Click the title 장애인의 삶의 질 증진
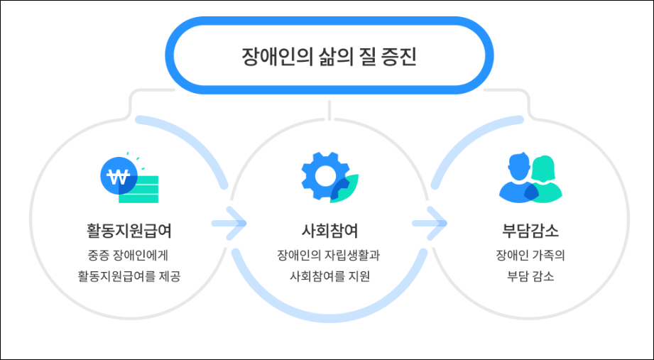coord(328,56)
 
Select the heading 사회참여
coord(329,231)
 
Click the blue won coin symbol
coord(118,177)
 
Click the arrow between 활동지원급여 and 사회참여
coord(229,224)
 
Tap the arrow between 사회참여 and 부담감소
coord(430,224)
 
